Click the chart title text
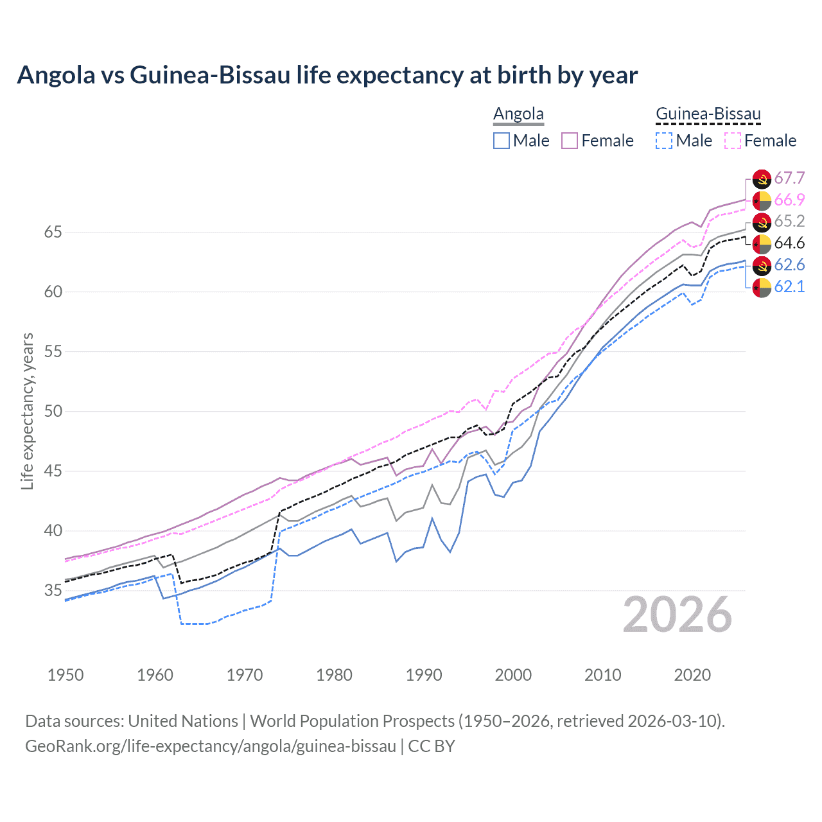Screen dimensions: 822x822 coord(327,75)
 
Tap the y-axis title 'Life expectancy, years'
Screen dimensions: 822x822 coord(27,411)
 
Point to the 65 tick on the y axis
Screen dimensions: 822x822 coord(53,232)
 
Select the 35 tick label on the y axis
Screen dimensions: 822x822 coord(53,590)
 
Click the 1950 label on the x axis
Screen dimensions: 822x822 coord(66,675)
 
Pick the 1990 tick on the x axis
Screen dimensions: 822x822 coord(424,675)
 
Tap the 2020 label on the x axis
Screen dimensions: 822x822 coord(692,675)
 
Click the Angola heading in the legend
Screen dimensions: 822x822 coord(518,114)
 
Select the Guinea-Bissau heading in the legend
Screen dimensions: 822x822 coord(708,114)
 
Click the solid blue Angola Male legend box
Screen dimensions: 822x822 coord(502,141)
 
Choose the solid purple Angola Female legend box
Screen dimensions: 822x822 coord(570,141)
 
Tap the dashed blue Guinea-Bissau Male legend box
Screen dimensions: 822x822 coord(664,141)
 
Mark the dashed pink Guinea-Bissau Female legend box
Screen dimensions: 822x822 coord(733,141)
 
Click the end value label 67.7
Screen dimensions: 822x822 coord(789,178)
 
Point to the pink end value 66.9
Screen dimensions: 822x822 coord(789,200)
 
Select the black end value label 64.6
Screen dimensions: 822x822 coord(789,243)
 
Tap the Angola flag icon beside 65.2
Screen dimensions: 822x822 coord(762,222)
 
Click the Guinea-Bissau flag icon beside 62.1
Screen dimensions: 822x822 coord(762,288)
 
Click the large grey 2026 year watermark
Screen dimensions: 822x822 coord(678,615)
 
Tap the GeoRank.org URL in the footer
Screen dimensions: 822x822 coord(211,746)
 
